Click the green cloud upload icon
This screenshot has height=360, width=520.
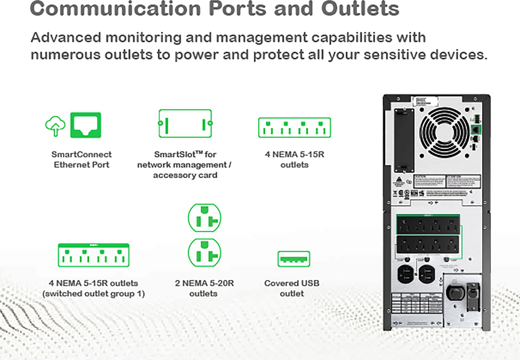(x=55, y=126)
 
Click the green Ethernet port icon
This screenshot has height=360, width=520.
(x=86, y=125)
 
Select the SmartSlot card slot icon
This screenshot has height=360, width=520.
(x=185, y=123)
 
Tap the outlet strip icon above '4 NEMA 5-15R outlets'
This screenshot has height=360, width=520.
(x=294, y=128)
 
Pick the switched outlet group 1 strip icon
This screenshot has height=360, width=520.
(x=94, y=255)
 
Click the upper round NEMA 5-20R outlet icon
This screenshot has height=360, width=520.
(x=205, y=218)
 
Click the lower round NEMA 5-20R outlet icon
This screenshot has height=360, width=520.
(x=205, y=252)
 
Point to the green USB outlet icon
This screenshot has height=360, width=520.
(x=294, y=259)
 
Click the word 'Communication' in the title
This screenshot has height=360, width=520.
(x=115, y=9)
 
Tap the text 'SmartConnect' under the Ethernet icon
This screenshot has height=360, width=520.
(x=81, y=154)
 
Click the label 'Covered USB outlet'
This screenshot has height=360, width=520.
(x=292, y=288)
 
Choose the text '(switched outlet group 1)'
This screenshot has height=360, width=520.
(x=94, y=294)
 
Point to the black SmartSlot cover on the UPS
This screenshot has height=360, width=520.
(x=404, y=140)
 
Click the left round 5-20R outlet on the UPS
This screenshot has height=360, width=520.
(x=405, y=274)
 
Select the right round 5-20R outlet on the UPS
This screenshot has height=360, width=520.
(x=427, y=274)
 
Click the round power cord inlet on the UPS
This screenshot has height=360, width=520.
(x=454, y=293)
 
